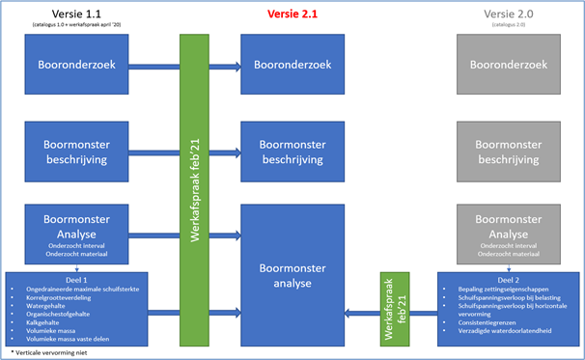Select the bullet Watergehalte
click(x=47, y=305)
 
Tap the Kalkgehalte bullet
click(x=44, y=322)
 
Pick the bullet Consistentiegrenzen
click(x=478, y=321)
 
